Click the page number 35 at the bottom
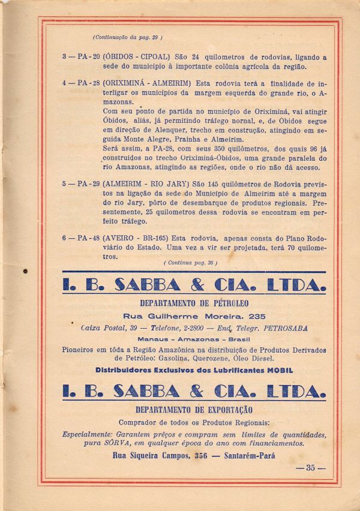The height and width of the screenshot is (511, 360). tap(310, 468)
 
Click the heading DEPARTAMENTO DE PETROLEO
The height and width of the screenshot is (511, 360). tap(194, 303)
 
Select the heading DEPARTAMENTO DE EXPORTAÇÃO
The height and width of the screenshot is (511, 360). tap(194, 410)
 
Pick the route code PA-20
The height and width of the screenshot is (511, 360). tap(89, 58)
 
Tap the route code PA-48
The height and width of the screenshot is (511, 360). tap(89, 238)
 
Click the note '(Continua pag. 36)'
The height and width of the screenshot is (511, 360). tap(190, 263)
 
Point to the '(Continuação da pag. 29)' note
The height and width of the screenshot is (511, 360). tap(127, 37)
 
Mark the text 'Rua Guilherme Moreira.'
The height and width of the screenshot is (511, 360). tap(176, 316)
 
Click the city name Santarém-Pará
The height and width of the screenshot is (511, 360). tap(248, 456)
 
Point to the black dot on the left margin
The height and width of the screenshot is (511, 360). tap(26, 272)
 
